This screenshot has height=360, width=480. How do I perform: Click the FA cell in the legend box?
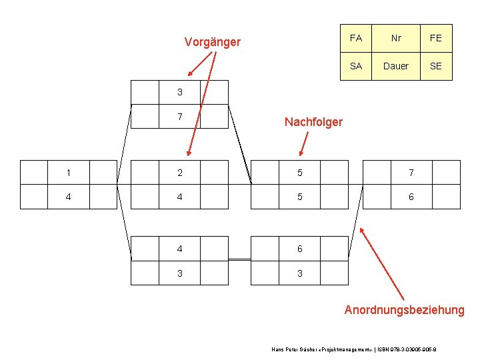click(355, 39)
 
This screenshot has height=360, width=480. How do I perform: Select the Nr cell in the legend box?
click(396, 39)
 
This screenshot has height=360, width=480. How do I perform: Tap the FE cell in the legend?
click(436, 39)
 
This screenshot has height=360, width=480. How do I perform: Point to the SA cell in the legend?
click(355, 66)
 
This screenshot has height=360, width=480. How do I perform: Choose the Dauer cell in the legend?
click(396, 66)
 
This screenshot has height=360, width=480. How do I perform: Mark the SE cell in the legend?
click(436, 66)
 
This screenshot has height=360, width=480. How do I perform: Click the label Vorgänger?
click(212, 43)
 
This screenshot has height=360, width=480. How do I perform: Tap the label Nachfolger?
click(313, 121)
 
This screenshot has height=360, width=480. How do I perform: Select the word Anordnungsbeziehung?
click(404, 310)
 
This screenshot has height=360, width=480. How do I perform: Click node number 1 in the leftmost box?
click(69, 173)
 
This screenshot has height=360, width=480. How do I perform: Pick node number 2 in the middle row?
click(180, 173)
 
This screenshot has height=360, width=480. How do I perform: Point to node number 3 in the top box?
click(180, 92)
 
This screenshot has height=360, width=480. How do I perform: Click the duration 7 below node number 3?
click(180, 116)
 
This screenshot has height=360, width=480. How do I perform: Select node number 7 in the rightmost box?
click(411, 173)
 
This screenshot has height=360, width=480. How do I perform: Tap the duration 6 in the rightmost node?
click(411, 197)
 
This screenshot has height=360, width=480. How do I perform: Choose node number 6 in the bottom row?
click(299, 249)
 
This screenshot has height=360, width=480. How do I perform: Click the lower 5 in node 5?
click(299, 197)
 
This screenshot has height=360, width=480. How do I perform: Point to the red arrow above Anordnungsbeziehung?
click(381, 263)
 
